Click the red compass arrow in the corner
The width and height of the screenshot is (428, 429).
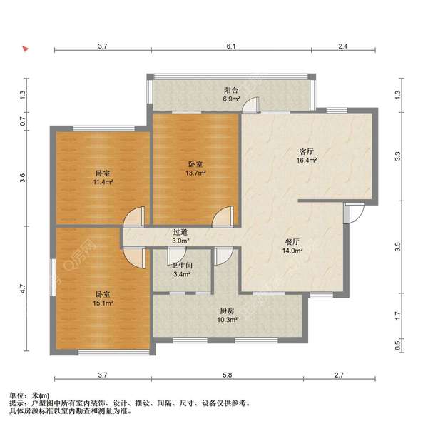[25, 50]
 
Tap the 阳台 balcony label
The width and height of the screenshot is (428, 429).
[230, 91]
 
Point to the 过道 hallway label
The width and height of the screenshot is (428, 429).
[180, 232]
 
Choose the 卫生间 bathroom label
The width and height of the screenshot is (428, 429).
[180, 264]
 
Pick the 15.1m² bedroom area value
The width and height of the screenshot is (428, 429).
[103, 303]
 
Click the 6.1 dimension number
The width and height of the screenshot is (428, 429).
[230, 46]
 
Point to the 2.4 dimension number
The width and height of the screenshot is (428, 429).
[342, 46]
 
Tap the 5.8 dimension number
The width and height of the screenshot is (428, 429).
[226, 375]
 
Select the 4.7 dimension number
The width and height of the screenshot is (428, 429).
[23, 289]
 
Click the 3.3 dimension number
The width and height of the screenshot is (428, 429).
[398, 154]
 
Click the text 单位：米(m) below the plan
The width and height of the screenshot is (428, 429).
[29, 395]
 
